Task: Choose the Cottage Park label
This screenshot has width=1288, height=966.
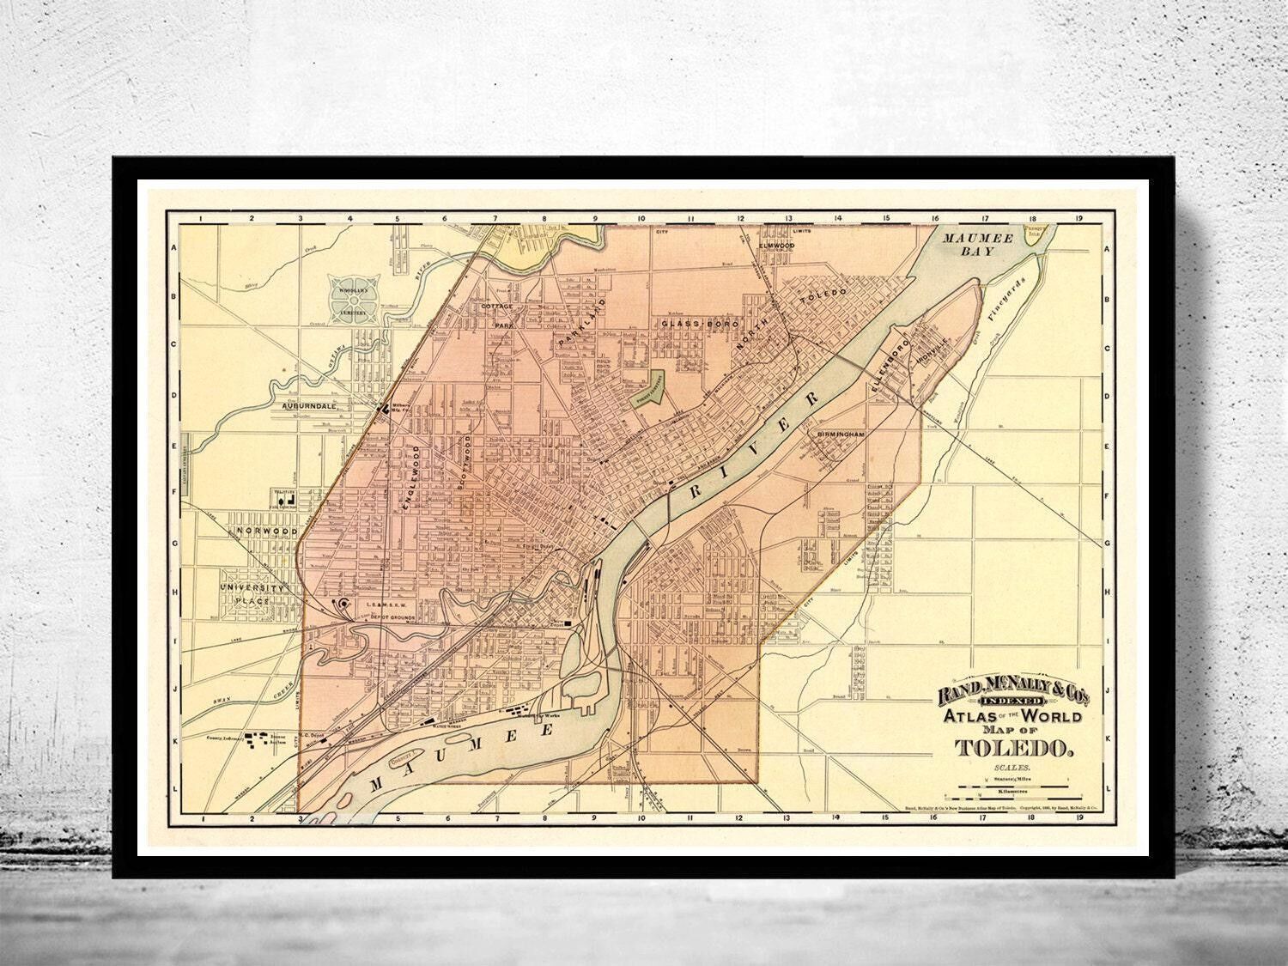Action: click(496, 315)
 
